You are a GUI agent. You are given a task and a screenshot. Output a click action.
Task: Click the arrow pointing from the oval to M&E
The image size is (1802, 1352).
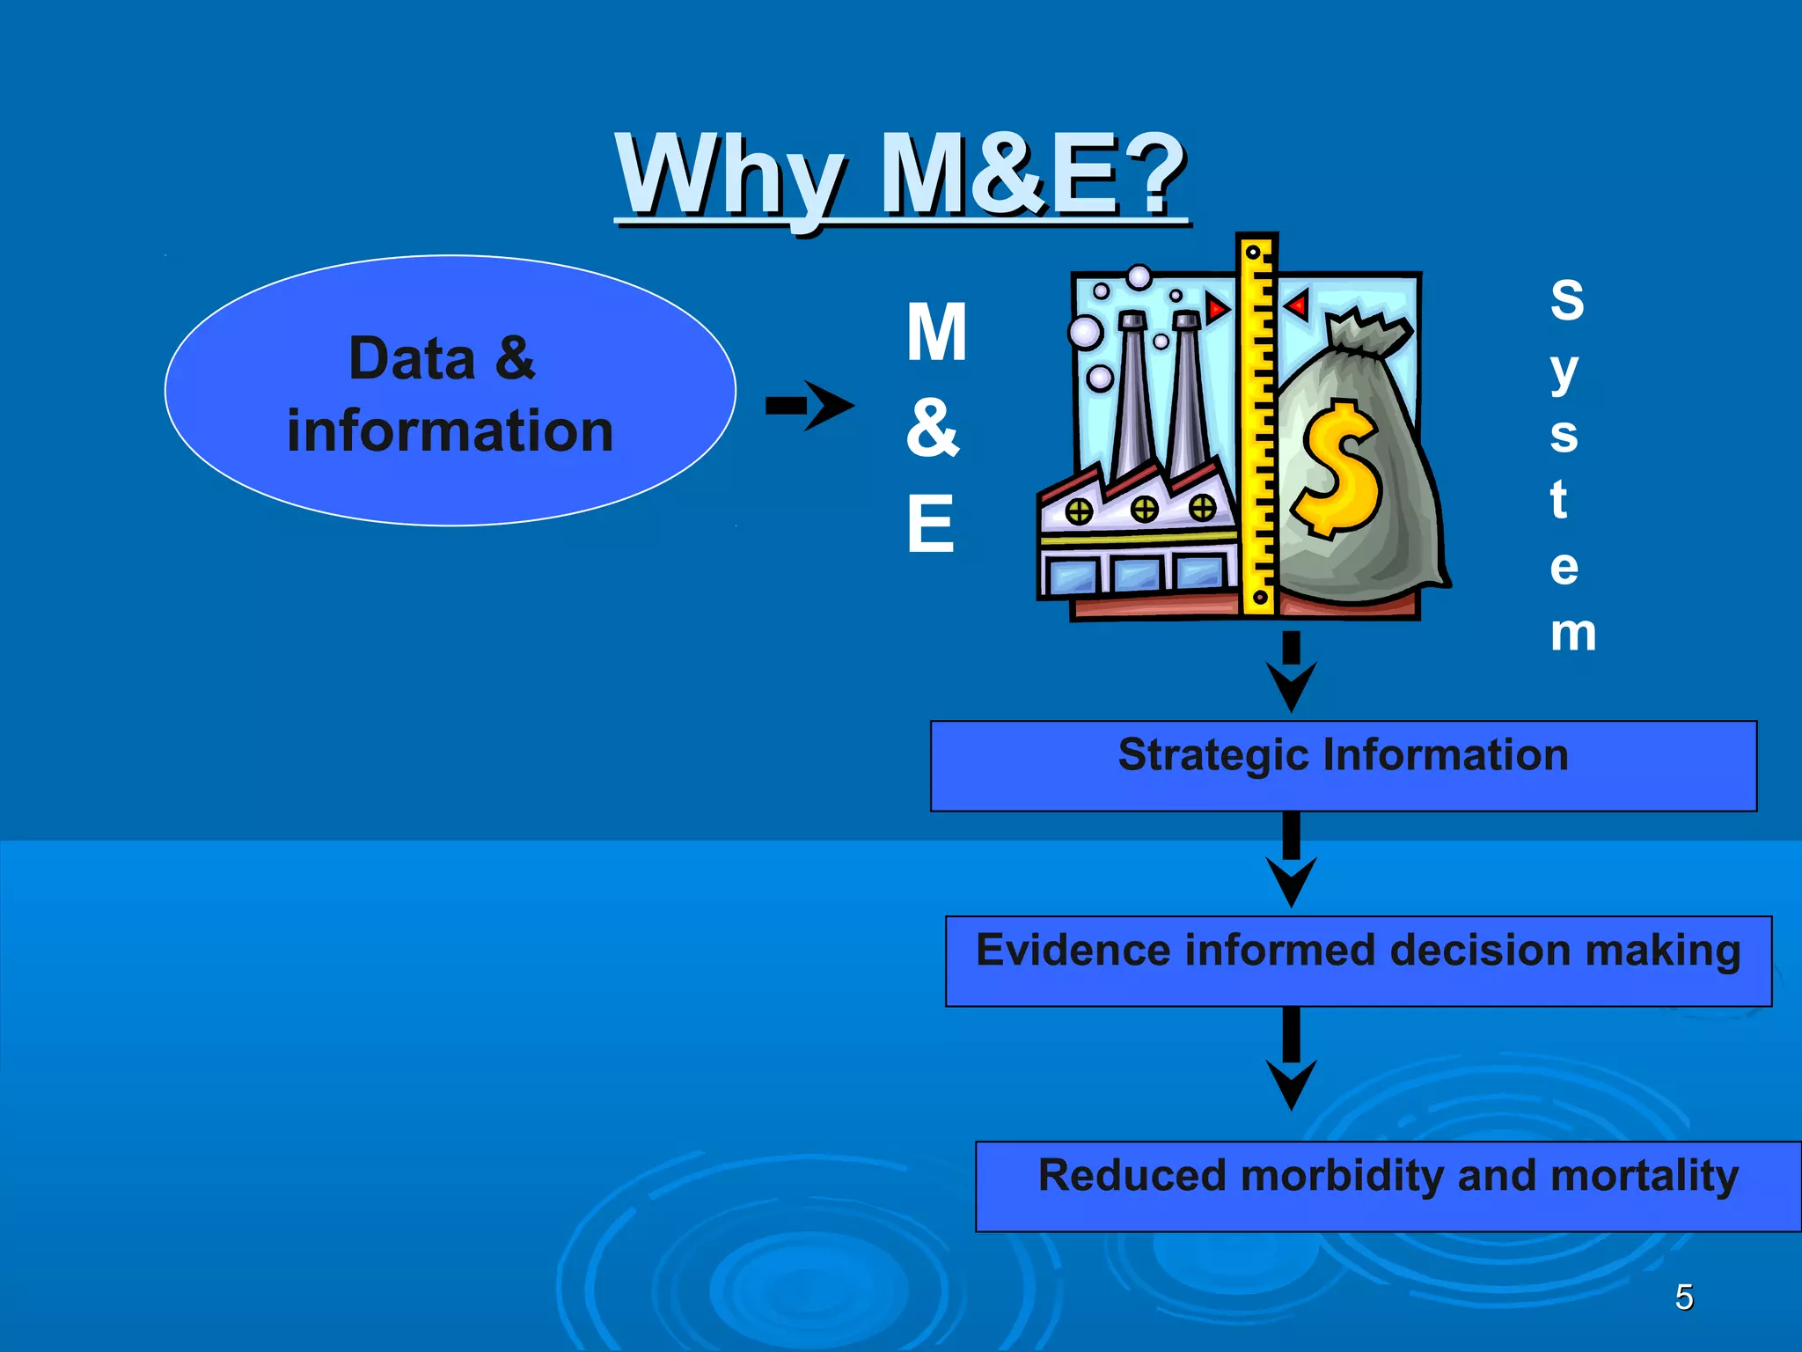pyautogui.click(x=810, y=406)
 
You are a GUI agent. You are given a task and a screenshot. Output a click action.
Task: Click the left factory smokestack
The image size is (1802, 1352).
pyautogui.click(x=1132, y=396)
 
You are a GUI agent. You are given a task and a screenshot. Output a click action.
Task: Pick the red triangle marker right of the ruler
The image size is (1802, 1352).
pyautogui.click(x=1296, y=305)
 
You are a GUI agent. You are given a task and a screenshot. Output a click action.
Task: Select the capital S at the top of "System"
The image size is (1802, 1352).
pyautogui.click(x=1567, y=300)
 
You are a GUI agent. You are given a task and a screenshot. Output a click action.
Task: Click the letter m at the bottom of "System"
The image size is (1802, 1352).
pyautogui.click(x=1573, y=633)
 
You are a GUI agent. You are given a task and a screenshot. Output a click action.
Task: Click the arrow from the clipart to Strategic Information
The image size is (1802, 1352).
pyautogui.click(x=1291, y=672)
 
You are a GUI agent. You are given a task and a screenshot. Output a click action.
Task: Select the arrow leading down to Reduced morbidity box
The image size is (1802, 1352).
pyautogui.click(x=1291, y=1061)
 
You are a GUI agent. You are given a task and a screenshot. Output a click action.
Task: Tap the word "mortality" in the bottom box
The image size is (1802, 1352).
pyautogui.click(x=1644, y=1176)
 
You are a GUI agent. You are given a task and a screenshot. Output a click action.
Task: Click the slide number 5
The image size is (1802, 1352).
pyautogui.click(x=1684, y=1297)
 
